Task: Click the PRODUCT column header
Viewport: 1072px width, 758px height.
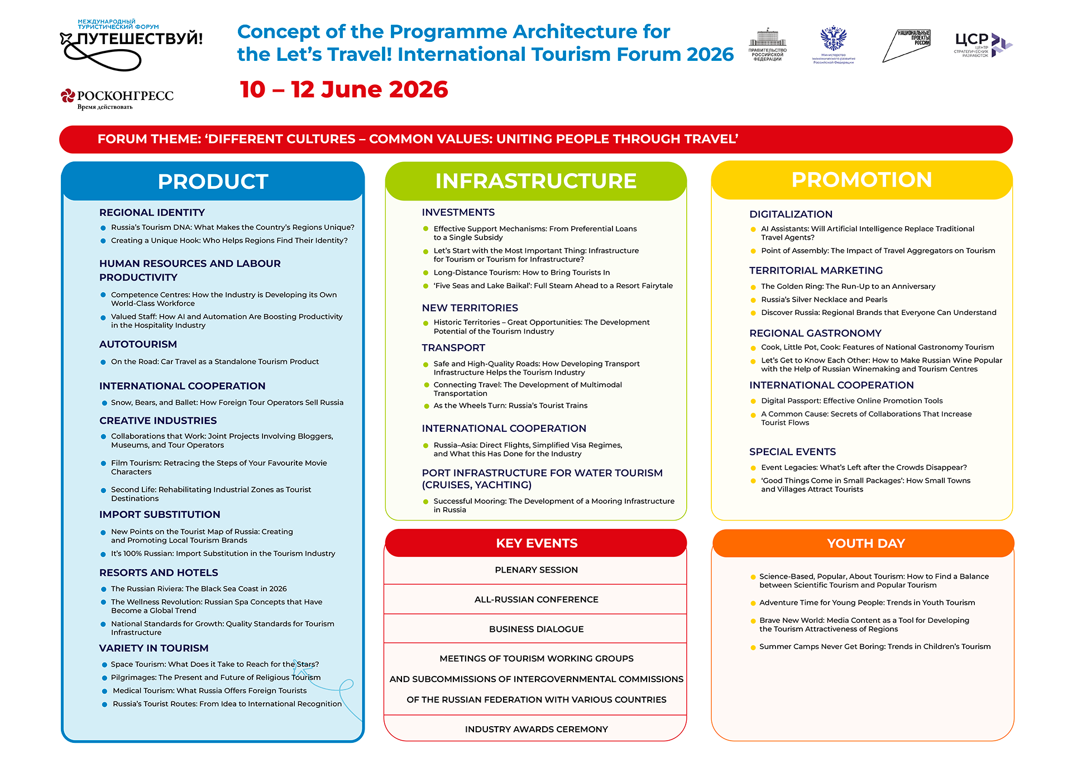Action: tap(213, 182)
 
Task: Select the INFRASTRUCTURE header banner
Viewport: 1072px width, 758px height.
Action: tap(535, 181)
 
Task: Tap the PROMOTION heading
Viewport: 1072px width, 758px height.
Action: tap(862, 180)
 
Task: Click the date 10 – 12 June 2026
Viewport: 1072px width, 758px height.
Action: tap(344, 89)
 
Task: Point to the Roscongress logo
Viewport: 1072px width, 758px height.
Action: tap(117, 98)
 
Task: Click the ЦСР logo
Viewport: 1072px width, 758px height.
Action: tap(983, 45)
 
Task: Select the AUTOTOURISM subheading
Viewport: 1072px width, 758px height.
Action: tap(138, 344)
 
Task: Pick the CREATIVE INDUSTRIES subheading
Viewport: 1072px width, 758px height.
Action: tap(158, 421)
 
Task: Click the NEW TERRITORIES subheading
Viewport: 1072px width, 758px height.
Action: tap(470, 308)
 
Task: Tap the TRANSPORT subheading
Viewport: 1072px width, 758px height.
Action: tap(453, 347)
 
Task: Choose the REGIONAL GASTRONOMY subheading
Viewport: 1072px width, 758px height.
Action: tap(815, 333)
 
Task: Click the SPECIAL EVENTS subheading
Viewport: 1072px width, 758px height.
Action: tap(792, 451)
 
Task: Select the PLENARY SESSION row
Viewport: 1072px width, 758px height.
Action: tap(536, 570)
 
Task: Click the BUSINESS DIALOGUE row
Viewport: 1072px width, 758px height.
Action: tap(536, 629)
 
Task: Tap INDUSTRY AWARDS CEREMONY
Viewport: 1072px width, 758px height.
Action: tap(536, 729)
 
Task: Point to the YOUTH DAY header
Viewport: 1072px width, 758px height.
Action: tap(865, 544)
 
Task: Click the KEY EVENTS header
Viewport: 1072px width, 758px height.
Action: tap(537, 544)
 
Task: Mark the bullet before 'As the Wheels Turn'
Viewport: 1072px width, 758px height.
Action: tap(426, 406)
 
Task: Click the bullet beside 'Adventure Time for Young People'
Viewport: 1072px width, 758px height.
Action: tap(753, 603)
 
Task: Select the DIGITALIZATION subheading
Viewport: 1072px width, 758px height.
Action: tap(791, 214)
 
